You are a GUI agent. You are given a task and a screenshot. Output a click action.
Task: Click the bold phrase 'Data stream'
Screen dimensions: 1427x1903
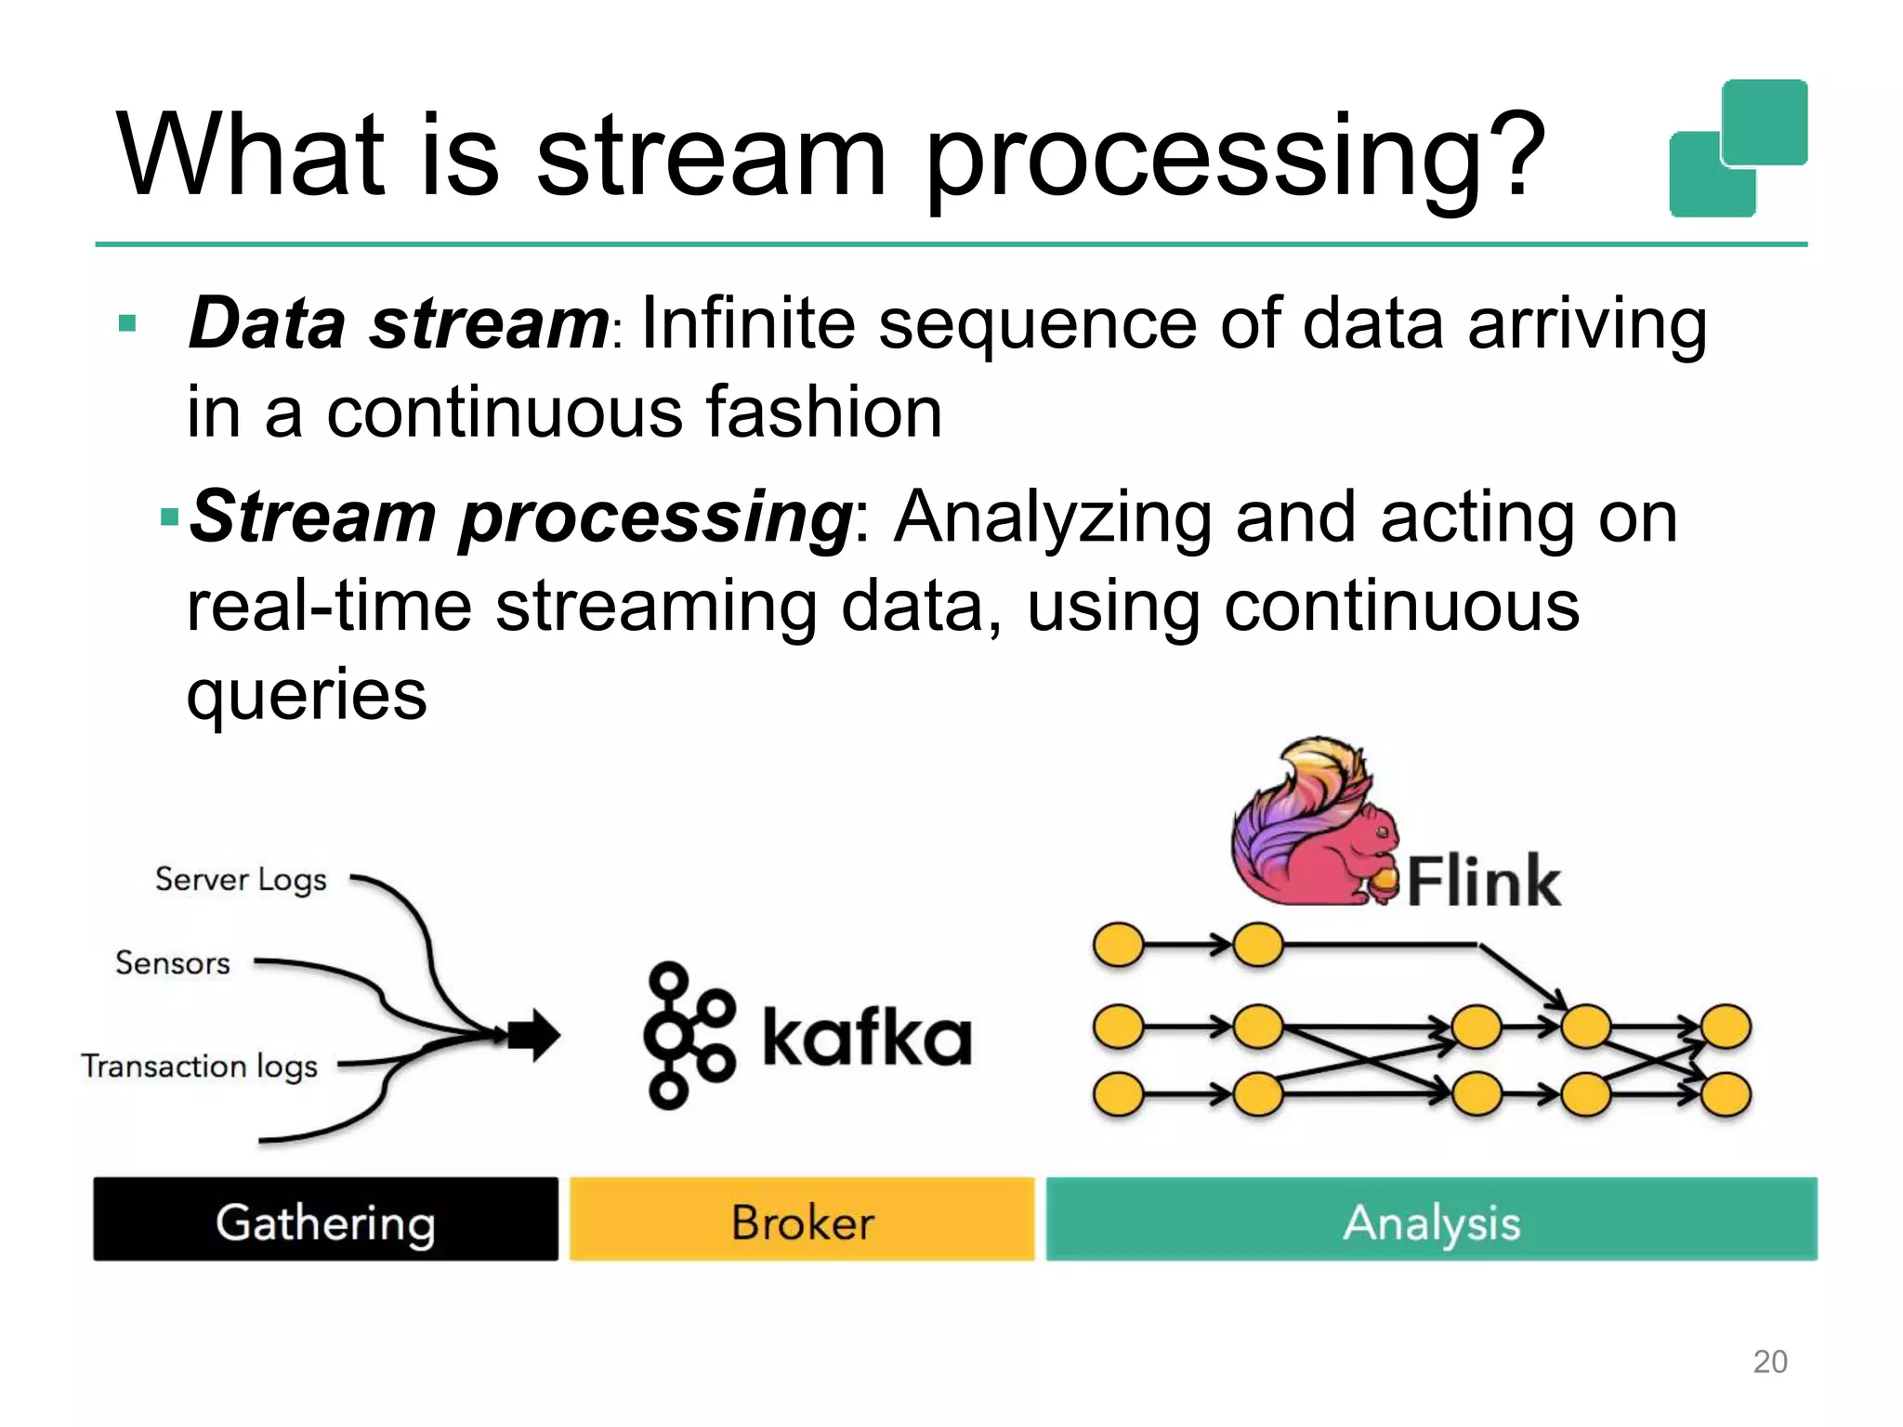pos(398,323)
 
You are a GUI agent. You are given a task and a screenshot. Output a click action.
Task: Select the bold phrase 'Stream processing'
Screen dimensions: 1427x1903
pos(520,517)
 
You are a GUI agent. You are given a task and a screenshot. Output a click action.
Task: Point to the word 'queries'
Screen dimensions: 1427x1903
pos(307,695)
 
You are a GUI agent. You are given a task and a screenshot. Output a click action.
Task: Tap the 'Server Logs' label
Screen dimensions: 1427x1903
pos(241,879)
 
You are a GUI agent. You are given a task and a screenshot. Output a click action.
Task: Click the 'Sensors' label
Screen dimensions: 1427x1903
pos(172,963)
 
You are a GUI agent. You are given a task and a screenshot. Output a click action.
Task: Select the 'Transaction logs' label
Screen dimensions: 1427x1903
pos(199,1067)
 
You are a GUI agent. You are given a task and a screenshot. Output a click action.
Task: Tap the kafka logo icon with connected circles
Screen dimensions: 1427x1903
pos(688,1035)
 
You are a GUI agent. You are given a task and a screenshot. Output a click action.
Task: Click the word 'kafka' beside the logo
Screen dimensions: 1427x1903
pos(866,1037)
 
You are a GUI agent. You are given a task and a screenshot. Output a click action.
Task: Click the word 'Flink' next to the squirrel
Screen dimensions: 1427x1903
pos(1483,881)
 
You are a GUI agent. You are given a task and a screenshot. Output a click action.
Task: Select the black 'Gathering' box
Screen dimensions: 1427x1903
pos(325,1219)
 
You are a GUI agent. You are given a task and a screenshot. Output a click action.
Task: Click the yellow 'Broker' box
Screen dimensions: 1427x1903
pos(802,1219)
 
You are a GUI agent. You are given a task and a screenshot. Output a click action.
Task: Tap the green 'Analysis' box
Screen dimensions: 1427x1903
pos(1431,1219)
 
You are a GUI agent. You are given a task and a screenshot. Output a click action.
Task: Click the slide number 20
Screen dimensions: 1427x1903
pos(1769,1361)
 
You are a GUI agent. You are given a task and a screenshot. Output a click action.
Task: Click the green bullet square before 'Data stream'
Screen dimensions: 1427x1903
pos(128,324)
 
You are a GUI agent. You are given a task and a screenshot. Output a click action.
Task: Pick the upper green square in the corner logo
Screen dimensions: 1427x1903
pos(1765,121)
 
